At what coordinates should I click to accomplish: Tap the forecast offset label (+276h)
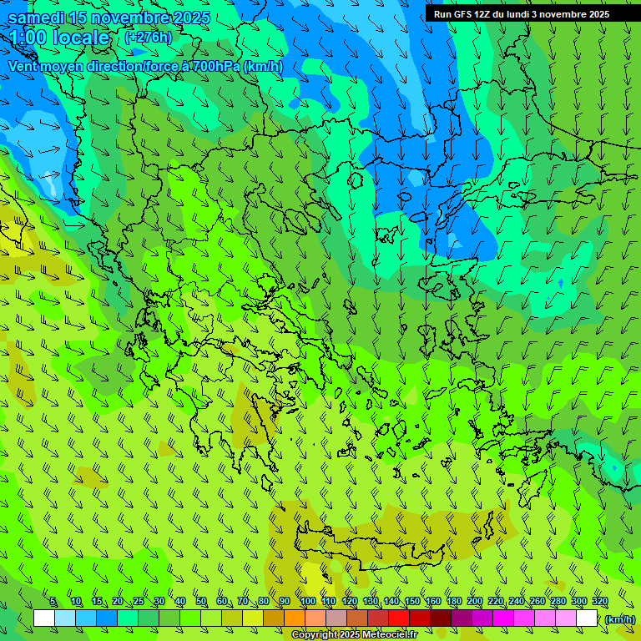(148, 37)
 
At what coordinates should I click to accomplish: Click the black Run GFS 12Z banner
(521, 13)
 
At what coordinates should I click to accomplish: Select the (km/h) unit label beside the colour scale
(620, 618)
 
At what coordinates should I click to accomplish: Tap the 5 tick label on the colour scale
(53, 602)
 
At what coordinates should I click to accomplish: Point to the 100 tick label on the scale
(307, 602)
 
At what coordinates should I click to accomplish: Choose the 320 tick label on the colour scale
(599, 602)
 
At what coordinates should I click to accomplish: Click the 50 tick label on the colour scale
(201, 602)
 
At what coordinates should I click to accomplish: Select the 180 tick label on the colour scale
(454, 602)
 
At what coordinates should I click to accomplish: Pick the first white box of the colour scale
(44, 618)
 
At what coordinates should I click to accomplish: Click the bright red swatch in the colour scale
(399, 618)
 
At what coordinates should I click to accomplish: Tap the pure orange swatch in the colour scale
(295, 618)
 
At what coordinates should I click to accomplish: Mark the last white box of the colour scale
(587, 618)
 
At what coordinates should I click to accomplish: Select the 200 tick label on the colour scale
(475, 602)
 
